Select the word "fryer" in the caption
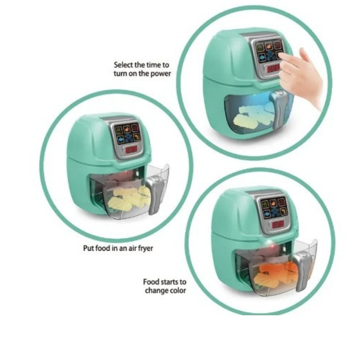click(x=145, y=249)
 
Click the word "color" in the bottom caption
click(x=178, y=290)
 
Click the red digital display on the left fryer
click(x=131, y=150)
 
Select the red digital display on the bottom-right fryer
click(x=278, y=225)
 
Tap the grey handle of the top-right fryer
click(x=278, y=108)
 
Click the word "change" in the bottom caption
click(x=157, y=291)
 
